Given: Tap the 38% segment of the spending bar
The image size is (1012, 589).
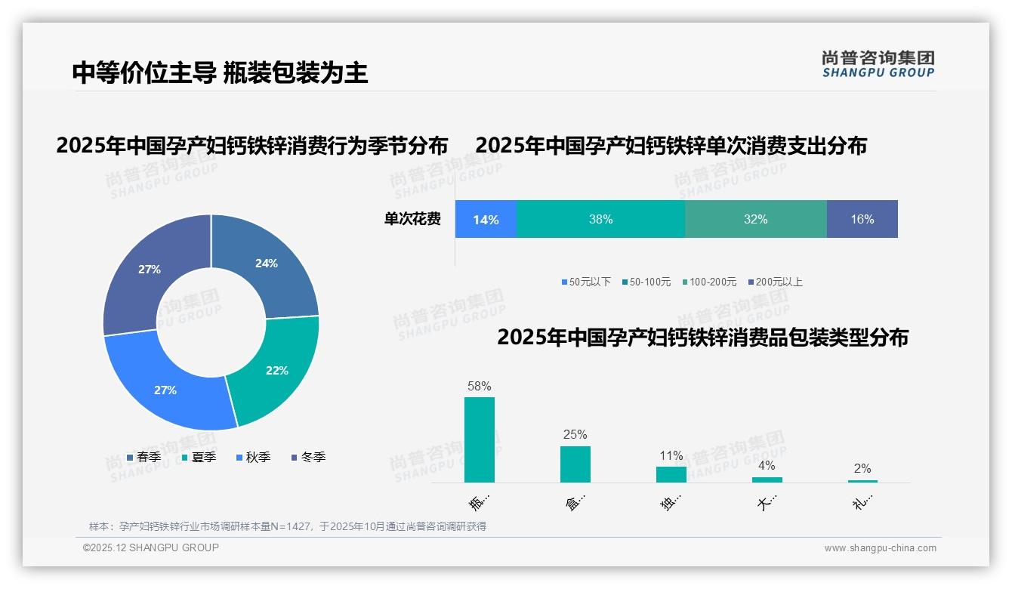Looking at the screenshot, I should (x=600, y=219).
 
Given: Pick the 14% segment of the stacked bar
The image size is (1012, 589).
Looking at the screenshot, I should (x=486, y=219).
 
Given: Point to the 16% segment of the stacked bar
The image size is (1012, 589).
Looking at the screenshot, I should (x=862, y=219).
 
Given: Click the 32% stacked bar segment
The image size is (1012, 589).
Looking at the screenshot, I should (x=755, y=219).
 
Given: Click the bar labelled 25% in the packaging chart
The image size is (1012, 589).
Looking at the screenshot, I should (x=575, y=464).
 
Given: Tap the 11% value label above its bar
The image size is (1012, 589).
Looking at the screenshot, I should (x=671, y=455).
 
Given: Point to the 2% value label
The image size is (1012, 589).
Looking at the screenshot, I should (x=862, y=468).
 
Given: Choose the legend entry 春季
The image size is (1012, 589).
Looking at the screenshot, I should (x=143, y=457).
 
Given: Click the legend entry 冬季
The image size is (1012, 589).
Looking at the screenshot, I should (x=307, y=457).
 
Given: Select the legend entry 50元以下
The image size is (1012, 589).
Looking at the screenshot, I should (x=586, y=282).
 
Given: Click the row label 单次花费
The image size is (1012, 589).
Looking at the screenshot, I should (x=412, y=219).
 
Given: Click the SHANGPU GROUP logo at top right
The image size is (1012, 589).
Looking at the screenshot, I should (x=878, y=64).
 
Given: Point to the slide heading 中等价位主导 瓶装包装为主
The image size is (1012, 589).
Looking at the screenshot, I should (x=220, y=72).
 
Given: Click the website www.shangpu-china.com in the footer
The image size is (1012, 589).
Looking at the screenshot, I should (x=880, y=548).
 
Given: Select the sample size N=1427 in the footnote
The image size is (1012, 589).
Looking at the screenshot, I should (x=288, y=526).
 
